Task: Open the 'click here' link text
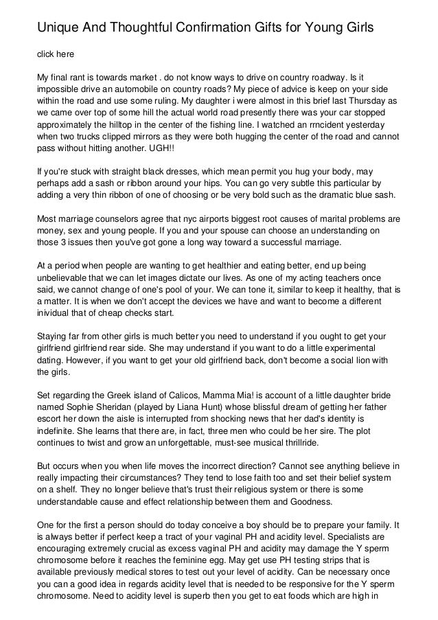pos(55,54)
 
